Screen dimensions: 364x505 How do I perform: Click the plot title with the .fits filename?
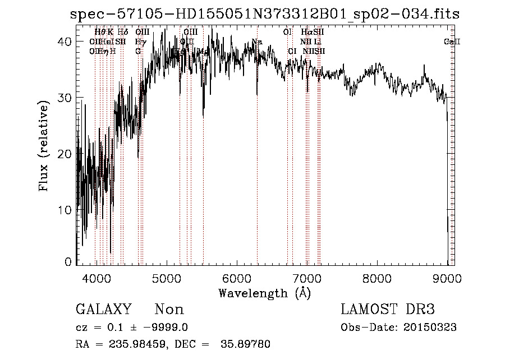click(265, 15)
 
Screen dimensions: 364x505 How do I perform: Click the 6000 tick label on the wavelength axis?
click(236, 279)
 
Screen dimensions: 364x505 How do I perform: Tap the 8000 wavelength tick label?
click(377, 279)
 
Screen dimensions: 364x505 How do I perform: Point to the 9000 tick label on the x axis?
click(447, 279)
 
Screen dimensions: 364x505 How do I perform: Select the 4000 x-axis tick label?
click(97, 279)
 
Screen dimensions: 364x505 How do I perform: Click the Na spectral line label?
click(257, 42)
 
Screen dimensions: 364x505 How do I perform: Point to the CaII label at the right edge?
click(452, 42)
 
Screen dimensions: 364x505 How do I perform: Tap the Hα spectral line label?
click(305, 33)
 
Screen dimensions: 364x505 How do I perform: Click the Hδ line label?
click(123, 33)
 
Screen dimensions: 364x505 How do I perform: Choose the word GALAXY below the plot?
click(104, 310)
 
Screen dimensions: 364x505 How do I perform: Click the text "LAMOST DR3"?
click(388, 310)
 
